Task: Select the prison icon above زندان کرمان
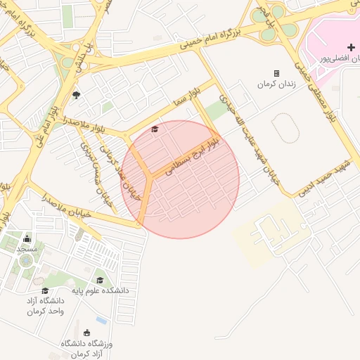pos(276,73)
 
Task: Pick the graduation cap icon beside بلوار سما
pos(155,129)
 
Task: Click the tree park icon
pos(76,95)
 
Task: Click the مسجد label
pos(27,249)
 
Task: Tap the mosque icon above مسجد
pos(27,238)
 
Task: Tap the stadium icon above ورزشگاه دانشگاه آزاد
pos(87,333)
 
